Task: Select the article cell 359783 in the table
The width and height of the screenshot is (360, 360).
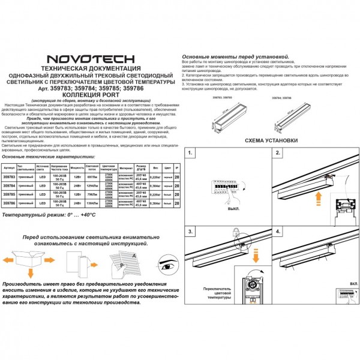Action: [10, 177]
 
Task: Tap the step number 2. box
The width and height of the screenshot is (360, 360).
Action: [278, 154]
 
